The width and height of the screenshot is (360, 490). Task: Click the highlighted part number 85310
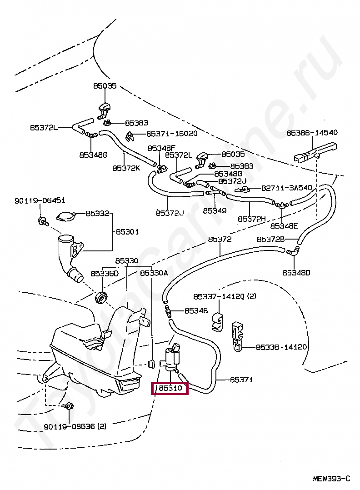170,388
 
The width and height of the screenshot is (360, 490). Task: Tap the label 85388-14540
312,133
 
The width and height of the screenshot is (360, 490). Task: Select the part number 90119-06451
40,200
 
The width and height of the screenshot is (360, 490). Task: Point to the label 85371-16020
172,134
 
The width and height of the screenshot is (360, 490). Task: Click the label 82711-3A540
286,188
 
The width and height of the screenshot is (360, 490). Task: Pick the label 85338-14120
281,347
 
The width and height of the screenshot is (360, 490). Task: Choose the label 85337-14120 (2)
225,296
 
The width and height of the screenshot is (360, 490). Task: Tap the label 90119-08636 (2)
75,426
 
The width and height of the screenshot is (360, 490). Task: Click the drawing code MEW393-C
331,478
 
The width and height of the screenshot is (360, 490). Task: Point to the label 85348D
296,273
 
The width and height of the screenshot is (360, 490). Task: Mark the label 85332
97,213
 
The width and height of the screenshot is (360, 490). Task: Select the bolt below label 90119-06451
43,221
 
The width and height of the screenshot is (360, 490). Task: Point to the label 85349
215,210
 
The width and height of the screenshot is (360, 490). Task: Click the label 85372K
126,168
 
